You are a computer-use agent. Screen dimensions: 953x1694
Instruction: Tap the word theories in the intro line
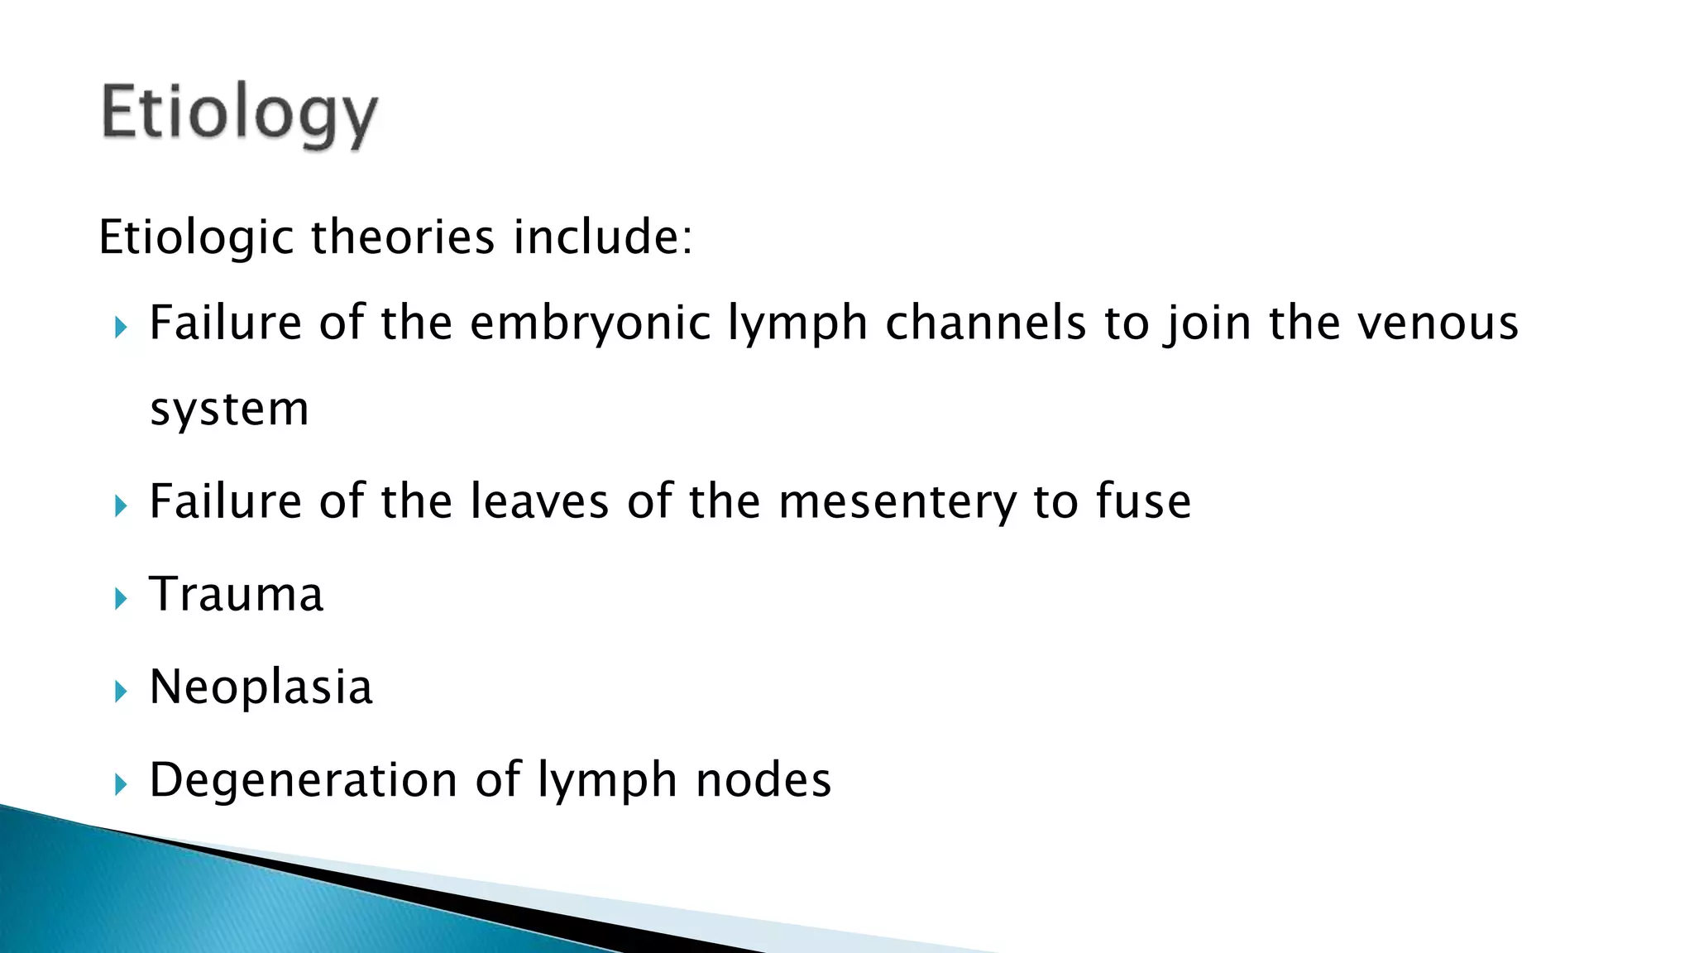[x=403, y=237]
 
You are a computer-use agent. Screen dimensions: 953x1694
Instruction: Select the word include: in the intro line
[x=602, y=237]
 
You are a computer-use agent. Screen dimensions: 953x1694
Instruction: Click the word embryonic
[x=590, y=323]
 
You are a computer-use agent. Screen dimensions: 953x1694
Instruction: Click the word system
[x=229, y=409]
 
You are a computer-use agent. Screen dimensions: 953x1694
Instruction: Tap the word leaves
[x=539, y=502]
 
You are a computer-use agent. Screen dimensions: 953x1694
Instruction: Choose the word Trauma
[x=237, y=595]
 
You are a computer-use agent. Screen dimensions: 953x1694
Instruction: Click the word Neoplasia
[x=261, y=687]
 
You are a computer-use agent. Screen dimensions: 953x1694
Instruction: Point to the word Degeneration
[x=304, y=780]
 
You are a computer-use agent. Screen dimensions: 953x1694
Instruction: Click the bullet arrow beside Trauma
[x=122, y=598]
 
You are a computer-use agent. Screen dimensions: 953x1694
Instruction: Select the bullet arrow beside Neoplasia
[x=122, y=691]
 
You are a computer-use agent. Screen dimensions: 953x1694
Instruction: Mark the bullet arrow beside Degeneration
[x=122, y=783]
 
